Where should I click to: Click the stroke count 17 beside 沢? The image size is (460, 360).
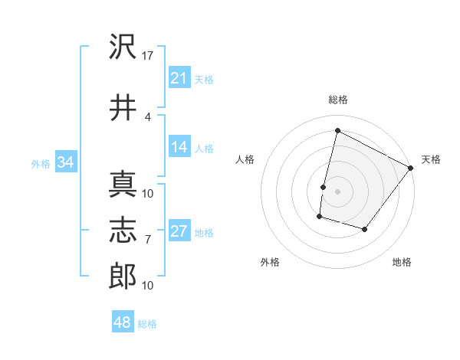pos(148,55)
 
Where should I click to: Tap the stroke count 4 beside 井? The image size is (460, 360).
pos(148,116)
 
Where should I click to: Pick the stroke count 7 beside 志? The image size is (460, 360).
pos(148,239)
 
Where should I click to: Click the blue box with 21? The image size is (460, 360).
pos(179,78)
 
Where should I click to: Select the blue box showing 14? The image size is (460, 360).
pos(179,148)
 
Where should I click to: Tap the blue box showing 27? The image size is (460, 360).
pos(179,231)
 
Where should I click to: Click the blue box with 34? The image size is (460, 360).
pos(65,162)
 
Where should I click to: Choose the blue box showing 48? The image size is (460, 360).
pos(122,322)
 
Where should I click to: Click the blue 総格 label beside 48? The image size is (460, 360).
pos(147,324)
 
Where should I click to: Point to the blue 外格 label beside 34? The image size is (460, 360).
pos(40,163)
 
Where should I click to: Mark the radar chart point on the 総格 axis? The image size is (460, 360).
pos(337,131)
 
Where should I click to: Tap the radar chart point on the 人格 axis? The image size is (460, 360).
pos(324,187)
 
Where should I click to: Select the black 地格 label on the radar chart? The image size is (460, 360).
pos(402,262)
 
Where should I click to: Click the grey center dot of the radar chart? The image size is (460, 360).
pos(337,191)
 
